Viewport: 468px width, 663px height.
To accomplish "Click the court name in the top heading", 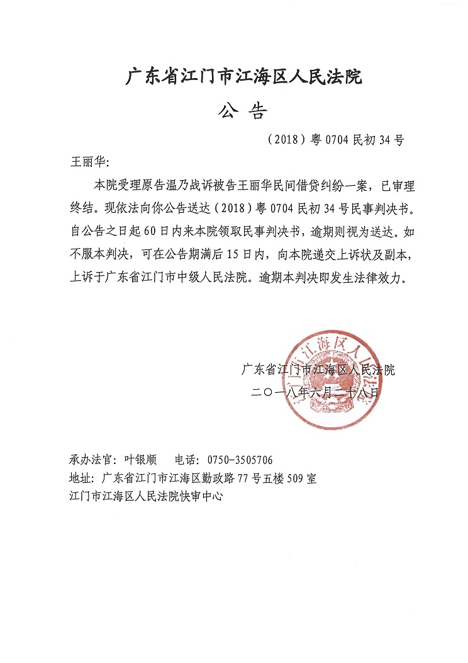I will pos(244,78).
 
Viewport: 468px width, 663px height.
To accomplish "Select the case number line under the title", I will pos(335,140).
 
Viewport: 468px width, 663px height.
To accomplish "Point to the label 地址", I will pos(82,478).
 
